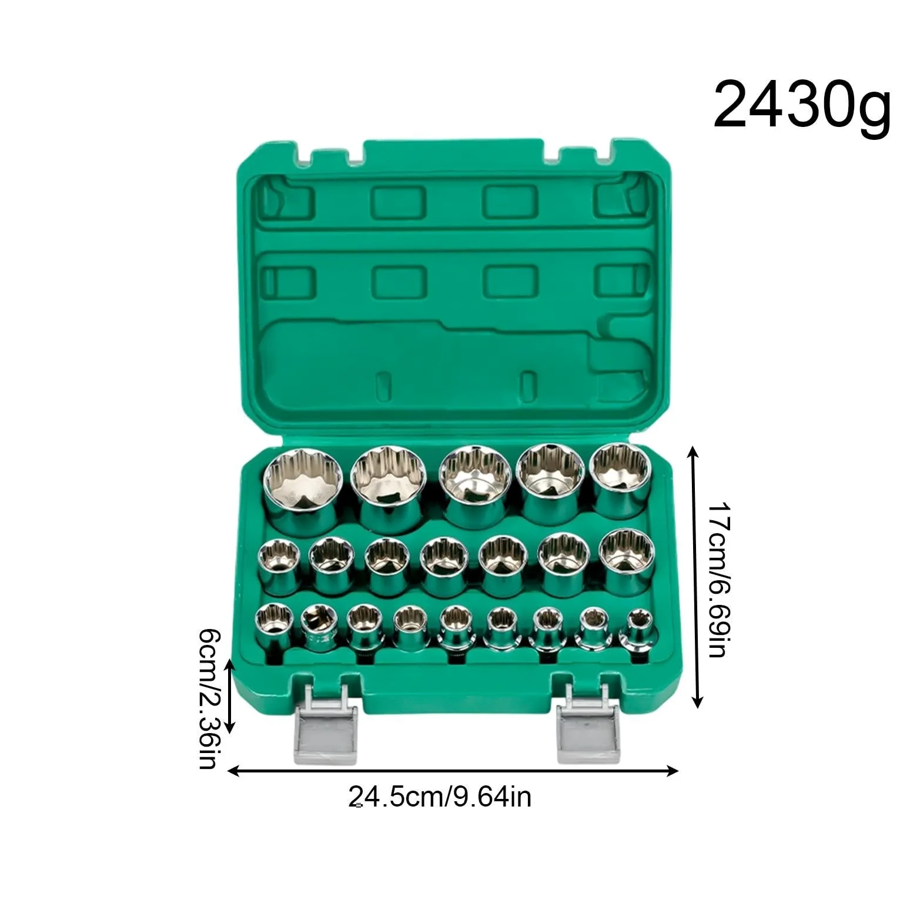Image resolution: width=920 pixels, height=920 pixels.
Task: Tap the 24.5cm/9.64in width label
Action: (x=440, y=797)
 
